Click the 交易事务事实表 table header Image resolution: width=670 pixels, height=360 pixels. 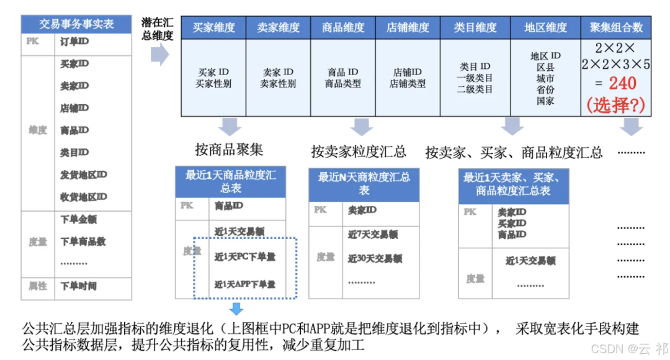point(76,24)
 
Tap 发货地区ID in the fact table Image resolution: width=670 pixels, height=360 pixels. point(83,175)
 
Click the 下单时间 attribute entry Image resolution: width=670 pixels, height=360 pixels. point(78,287)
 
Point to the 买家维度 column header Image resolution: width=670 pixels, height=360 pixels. point(213,28)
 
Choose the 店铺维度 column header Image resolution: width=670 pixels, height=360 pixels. point(408,28)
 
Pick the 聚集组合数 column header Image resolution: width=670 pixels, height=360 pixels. point(616,28)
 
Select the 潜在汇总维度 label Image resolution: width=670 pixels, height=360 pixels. point(158,29)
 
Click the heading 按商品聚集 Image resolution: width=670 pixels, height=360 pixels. point(229,150)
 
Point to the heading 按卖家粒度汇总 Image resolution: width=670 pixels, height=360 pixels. point(359,151)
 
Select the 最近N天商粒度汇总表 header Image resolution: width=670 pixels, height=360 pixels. point(364,184)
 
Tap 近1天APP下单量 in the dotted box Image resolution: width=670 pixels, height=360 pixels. point(245,284)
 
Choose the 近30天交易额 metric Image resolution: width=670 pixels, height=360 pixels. point(375,258)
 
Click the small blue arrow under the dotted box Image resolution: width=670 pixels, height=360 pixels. point(236,308)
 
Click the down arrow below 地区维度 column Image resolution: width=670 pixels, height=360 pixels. point(512,126)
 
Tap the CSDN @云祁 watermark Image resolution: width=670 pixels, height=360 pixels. point(629,349)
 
